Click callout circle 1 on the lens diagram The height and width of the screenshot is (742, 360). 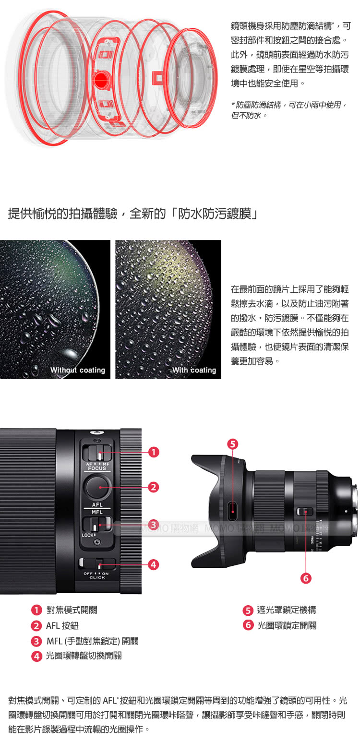click(x=153, y=452)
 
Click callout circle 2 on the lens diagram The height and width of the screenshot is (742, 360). click(x=153, y=487)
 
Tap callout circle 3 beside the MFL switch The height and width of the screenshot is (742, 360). click(x=153, y=525)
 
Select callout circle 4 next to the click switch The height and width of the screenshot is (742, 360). click(x=153, y=565)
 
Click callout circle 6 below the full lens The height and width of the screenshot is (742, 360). click(x=305, y=578)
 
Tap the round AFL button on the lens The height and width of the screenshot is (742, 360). click(x=98, y=487)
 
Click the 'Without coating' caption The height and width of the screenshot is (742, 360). click(x=78, y=370)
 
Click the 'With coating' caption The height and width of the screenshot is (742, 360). click(x=194, y=370)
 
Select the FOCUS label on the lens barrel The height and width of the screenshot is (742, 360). click(x=97, y=468)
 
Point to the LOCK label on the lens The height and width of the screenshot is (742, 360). click(x=88, y=535)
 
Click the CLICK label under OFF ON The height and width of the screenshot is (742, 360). click(x=97, y=578)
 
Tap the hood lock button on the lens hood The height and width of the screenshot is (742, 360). click(x=233, y=510)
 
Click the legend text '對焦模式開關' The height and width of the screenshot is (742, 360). click(x=72, y=610)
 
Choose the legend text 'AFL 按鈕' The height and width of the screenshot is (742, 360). click(x=62, y=626)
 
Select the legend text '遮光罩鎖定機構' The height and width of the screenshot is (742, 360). click(x=287, y=610)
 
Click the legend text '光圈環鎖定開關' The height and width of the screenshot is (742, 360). click(x=287, y=625)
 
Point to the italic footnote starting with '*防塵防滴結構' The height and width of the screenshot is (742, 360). click(x=288, y=110)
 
